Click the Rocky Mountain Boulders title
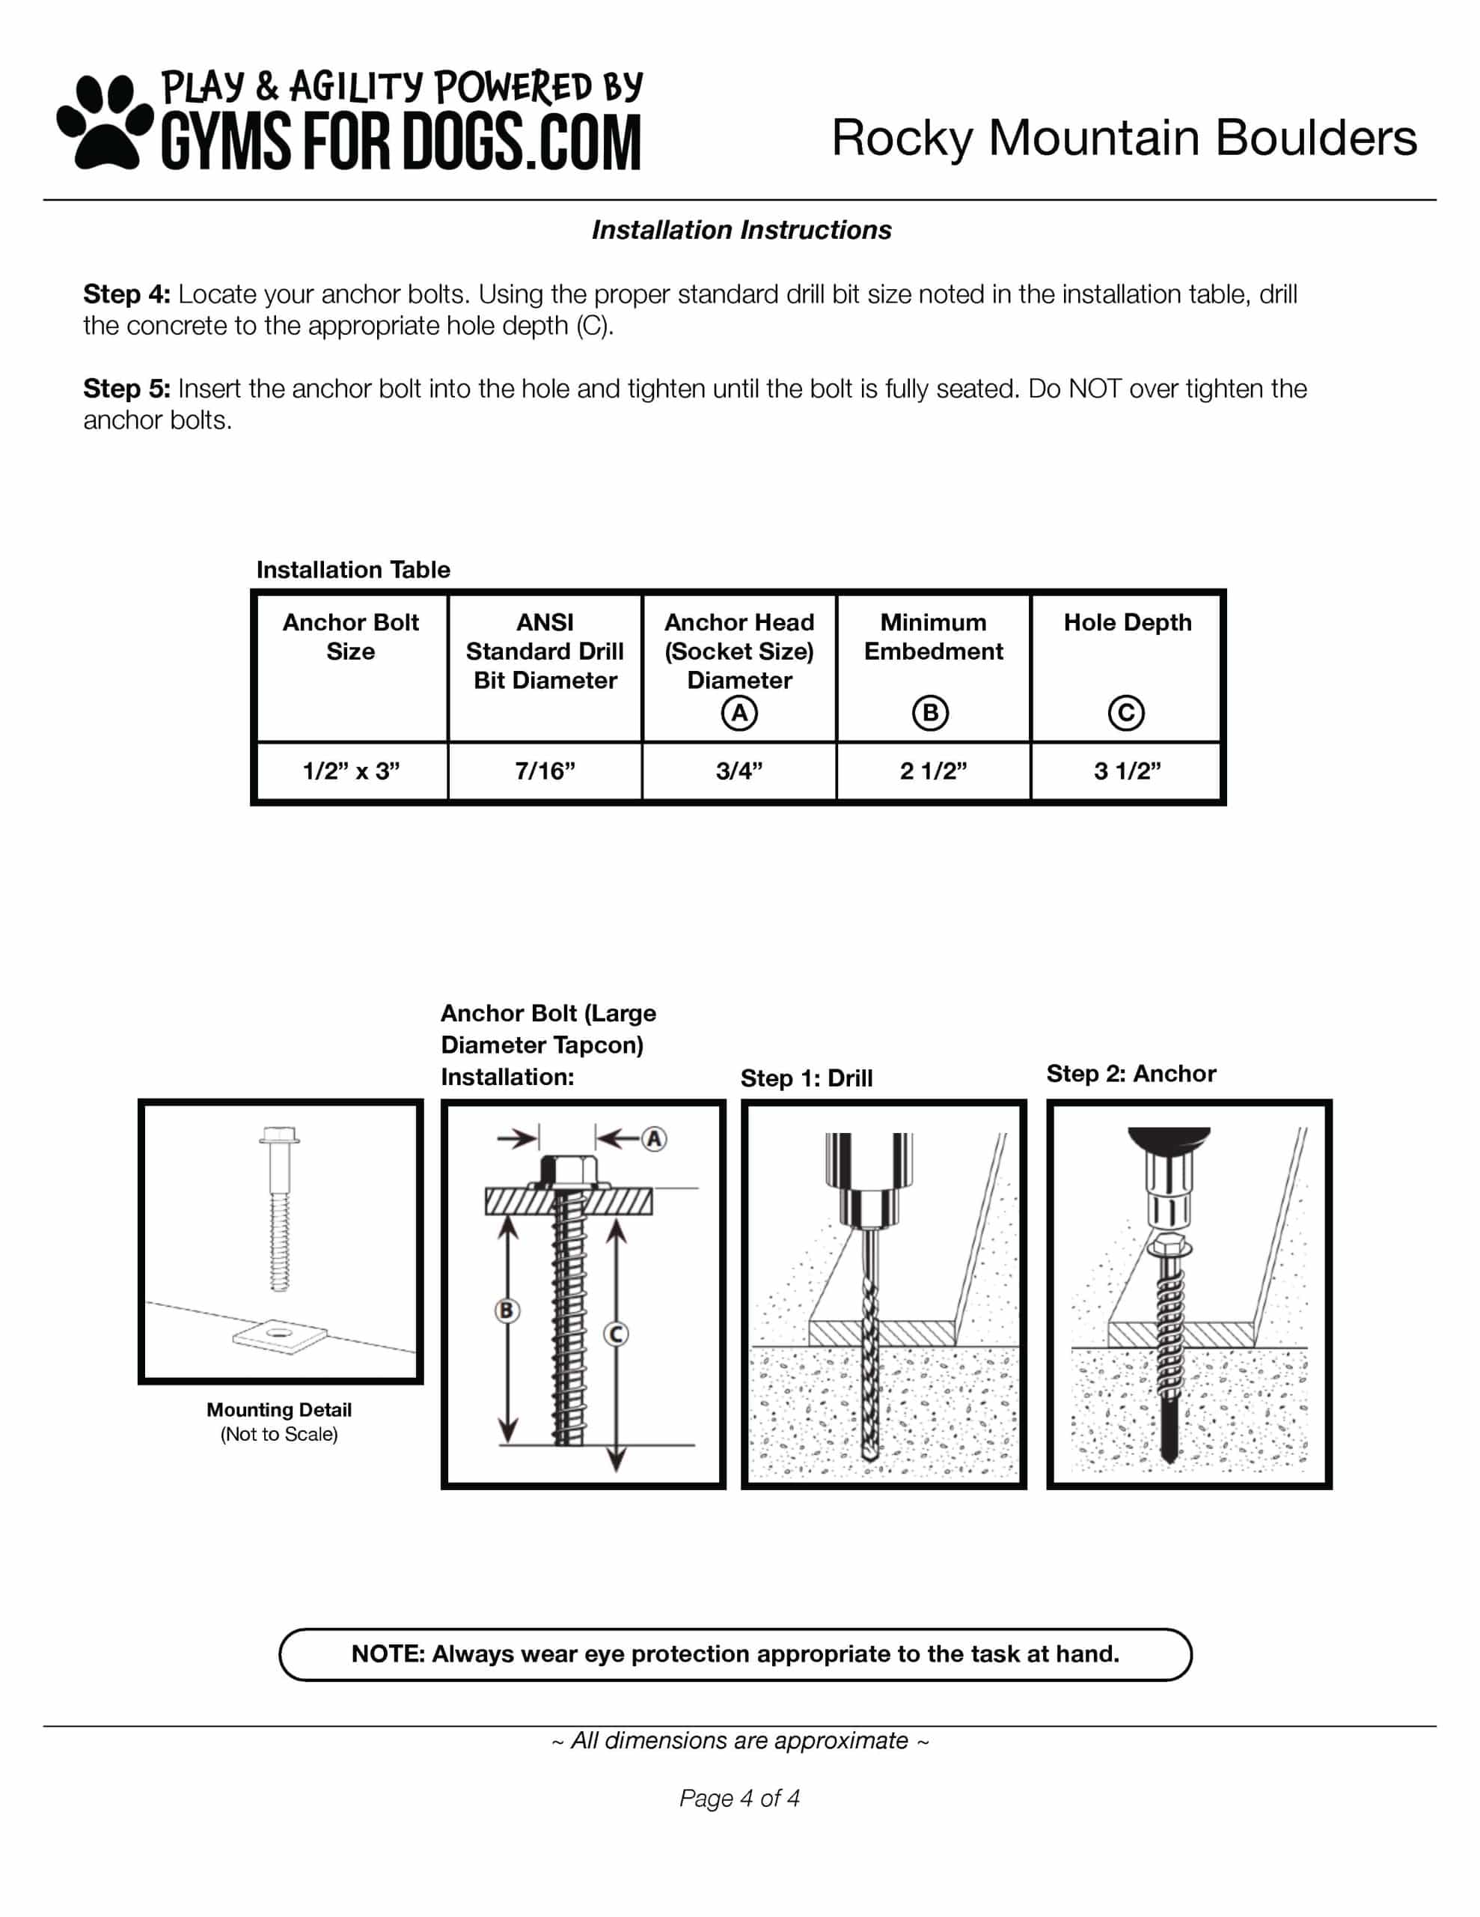[x=1123, y=138]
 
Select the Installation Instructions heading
[x=741, y=230]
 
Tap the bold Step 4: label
[x=126, y=294]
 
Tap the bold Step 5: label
[x=126, y=389]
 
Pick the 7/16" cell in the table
[x=545, y=771]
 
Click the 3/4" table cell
[x=739, y=771]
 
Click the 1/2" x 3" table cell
[x=351, y=771]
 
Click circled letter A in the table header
[x=739, y=713]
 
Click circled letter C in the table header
[x=1126, y=713]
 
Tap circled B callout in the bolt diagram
[x=507, y=1310]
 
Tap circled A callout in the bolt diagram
[x=654, y=1139]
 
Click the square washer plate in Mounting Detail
[x=280, y=1336]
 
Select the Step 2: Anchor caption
[x=1131, y=1074]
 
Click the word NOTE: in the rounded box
[x=388, y=1653]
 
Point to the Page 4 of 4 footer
[x=739, y=1799]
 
